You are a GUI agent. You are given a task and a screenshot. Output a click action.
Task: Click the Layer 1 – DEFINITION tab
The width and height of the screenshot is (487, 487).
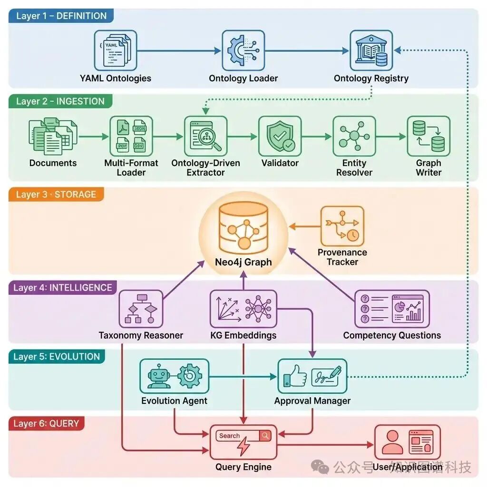pos(61,16)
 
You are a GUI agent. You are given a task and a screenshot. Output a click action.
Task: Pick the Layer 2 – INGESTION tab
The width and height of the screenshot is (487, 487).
pos(60,101)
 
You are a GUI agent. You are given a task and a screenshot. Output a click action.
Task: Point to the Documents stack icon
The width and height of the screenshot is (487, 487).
pos(52,136)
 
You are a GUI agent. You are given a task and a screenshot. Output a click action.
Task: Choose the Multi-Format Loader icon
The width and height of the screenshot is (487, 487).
pos(131,136)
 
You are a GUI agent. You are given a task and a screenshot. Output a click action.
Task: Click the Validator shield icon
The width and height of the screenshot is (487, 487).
pos(280,136)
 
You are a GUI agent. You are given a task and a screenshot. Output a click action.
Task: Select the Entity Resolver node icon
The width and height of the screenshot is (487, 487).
pos(354,136)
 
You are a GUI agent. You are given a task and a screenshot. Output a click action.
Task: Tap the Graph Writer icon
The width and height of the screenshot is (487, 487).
pos(428,136)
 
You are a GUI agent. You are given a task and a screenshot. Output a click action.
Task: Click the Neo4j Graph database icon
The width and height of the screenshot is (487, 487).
pos(243,228)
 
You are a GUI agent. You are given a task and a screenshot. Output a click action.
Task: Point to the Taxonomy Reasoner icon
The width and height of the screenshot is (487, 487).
pos(141,309)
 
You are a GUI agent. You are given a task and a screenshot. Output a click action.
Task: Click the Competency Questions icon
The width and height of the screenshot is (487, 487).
pos(392,309)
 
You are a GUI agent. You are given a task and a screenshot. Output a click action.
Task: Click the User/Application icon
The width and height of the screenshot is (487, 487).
pos(407,442)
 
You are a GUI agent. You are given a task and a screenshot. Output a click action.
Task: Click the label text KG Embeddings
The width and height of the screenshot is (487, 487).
pos(243,335)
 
